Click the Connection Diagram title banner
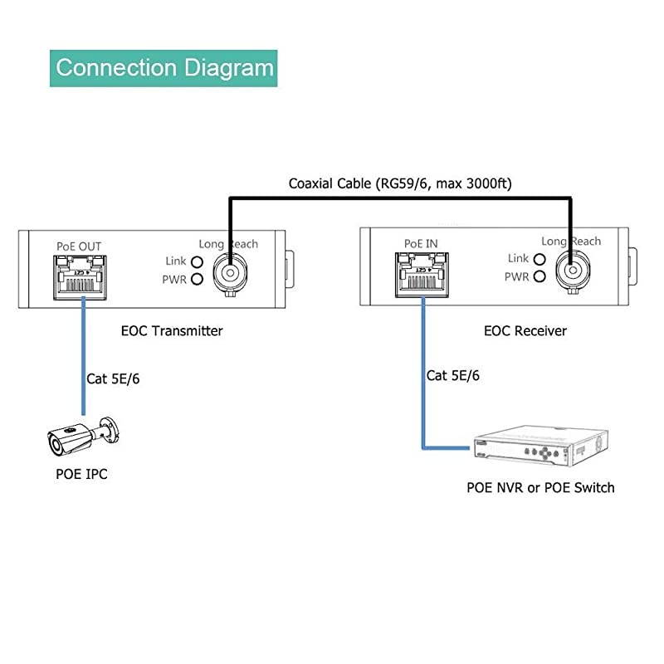pos(164,67)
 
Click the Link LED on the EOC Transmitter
pos(197,262)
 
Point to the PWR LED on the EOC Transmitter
pos(197,279)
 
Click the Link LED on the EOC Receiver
pos(539,259)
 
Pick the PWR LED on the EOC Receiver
pos(539,276)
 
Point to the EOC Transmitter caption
pos(170,330)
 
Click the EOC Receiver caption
pos(525,330)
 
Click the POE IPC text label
pos(77,474)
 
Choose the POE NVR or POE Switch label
pos(540,487)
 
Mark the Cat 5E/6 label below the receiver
pos(452,375)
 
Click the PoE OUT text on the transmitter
pos(79,247)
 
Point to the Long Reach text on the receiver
pos(571,242)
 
